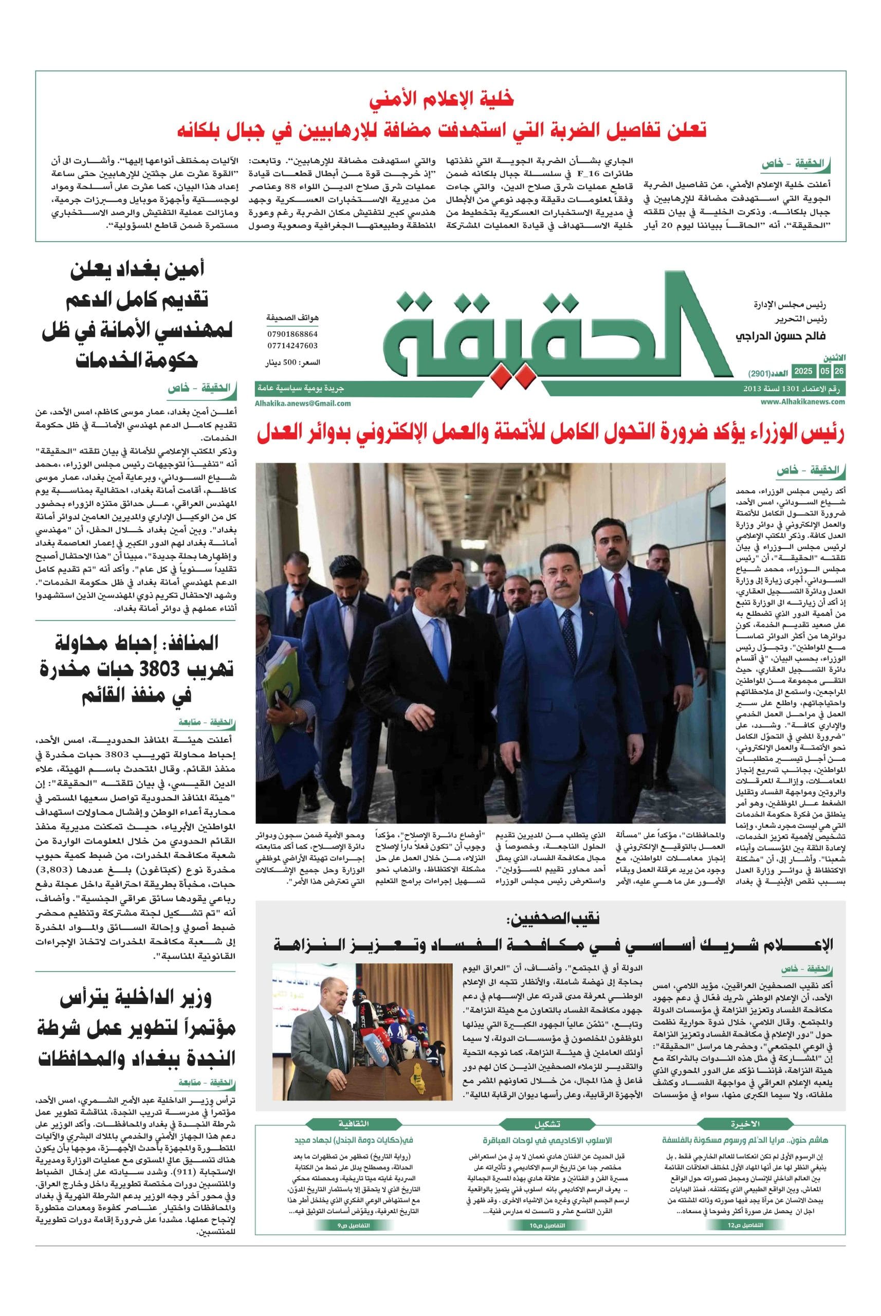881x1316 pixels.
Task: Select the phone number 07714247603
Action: (x=292, y=345)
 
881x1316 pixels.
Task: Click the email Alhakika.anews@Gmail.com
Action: (x=303, y=403)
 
